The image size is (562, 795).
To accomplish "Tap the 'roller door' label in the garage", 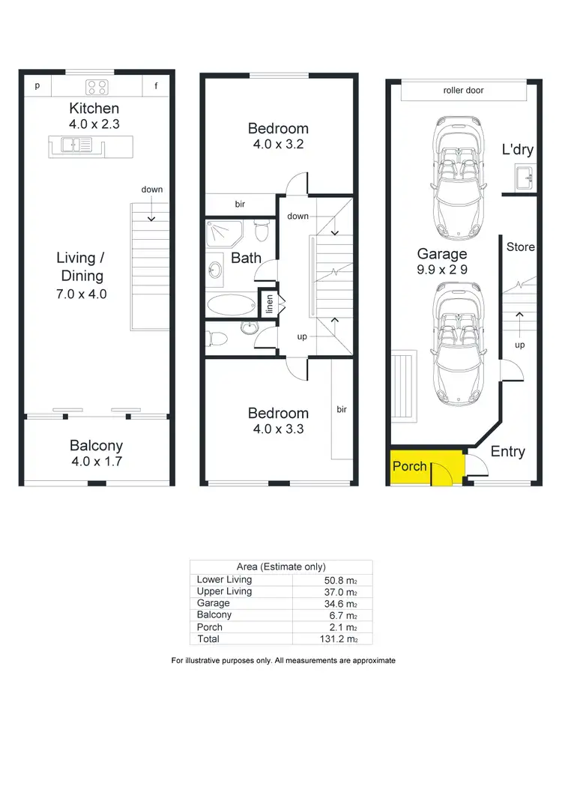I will tap(463, 91).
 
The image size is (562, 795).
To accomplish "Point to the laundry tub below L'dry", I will tap(522, 178).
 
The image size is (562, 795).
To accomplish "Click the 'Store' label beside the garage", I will tap(520, 247).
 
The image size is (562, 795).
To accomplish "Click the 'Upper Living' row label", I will tap(224, 591).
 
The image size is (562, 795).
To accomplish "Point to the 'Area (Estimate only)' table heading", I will tap(280, 567).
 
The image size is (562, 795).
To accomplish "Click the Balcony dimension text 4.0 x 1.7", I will tap(96, 462).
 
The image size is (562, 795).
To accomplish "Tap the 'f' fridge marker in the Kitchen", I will tap(157, 86).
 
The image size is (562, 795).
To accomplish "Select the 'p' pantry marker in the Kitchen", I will tap(37, 86).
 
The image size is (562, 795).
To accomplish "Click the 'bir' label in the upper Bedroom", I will tap(240, 204).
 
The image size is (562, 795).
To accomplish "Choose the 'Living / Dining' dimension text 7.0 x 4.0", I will tap(82, 294).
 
